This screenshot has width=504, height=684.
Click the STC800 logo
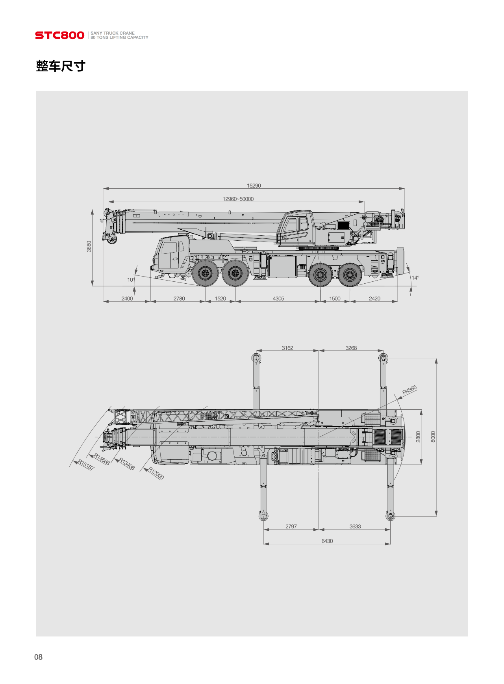coord(59,35)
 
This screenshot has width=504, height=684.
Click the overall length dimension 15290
coord(254,186)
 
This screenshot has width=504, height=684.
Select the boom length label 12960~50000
coord(238,199)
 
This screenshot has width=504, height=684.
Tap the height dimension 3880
coord(89,246)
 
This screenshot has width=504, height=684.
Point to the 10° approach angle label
coord(131,280)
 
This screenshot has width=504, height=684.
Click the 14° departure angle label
coord(415,278)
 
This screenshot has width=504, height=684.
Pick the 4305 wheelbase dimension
coord(278,299)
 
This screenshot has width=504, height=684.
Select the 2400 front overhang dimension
coord(127,299)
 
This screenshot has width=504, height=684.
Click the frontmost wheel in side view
coord(205,273)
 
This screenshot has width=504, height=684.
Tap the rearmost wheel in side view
coord(350,274)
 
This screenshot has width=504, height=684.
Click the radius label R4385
coord(409,390)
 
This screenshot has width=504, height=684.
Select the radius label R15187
coord(86,465)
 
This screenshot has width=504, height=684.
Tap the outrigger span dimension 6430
coord(327,541)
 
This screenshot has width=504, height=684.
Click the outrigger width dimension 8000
coord(433,437)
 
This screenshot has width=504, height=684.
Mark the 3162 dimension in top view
coord(287,348)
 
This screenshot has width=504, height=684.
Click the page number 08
coord(38,657)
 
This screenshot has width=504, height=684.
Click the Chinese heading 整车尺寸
coord(61,66)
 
